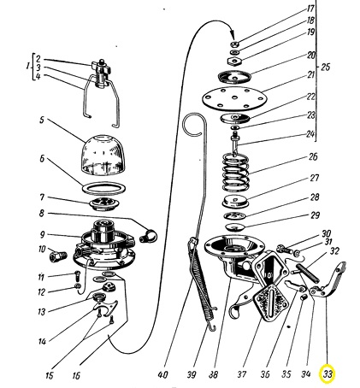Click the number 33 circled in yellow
click(328, 373)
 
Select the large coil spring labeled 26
click(236, 172)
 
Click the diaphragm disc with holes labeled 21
click(235, 99)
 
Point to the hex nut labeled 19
click(234, 61)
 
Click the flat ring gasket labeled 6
click(103, 188)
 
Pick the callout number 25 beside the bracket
click(325, 68)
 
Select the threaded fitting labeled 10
click(58, 256)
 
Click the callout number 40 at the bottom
click(162, 375)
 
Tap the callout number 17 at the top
click(310, 9)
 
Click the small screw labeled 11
click(78, 275)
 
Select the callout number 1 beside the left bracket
click(27, 67)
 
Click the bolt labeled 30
click(283, 250)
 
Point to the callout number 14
click(42, 341)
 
